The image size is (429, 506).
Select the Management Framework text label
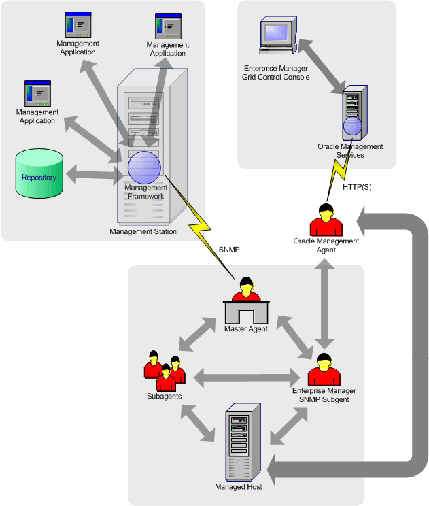[x=146, y=192]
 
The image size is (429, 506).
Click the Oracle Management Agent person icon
[x=326, y=219]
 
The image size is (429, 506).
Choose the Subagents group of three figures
[x=163, y=371]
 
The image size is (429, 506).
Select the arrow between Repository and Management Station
[x=90, y=175]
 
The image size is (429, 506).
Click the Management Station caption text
[x=143, y=231]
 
